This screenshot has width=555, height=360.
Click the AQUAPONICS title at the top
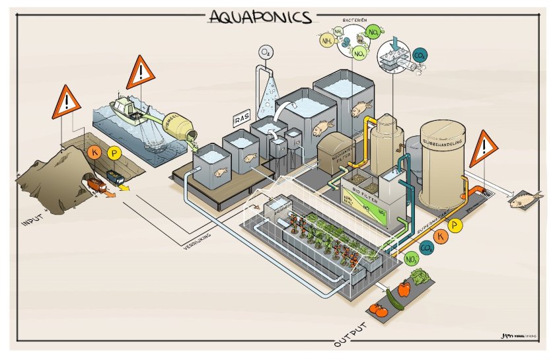(x=260, y=16)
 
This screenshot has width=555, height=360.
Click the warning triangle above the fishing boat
(x=140, y=71)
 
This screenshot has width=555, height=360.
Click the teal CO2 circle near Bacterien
(x=418, y=57)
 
